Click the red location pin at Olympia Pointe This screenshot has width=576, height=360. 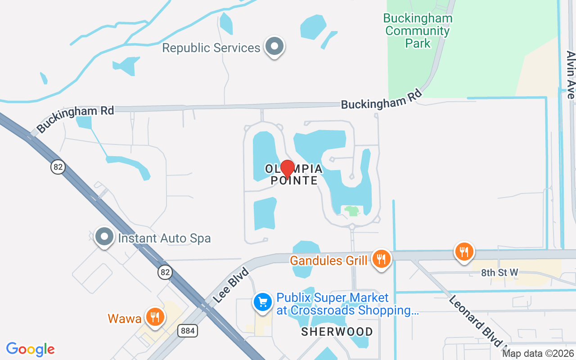[x=287, y=169]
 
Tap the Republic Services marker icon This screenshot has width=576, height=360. [x=274, y=46]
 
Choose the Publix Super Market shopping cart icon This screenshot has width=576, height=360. [x=263, y=302]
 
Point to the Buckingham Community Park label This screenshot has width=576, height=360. [x=418, y=31]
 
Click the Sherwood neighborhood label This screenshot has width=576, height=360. [x=337, y=332]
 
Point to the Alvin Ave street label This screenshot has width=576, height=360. [x=571, y=74]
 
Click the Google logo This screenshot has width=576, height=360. [x=30, y=349]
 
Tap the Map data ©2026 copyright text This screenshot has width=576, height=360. [x=538, y=354]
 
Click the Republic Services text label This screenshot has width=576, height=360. [x=211, y=48]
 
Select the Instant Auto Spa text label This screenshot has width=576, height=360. [x=164, y=238]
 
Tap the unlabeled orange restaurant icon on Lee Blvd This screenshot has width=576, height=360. [x=463, y=252]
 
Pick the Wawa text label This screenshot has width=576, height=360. [x=125, y=319]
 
